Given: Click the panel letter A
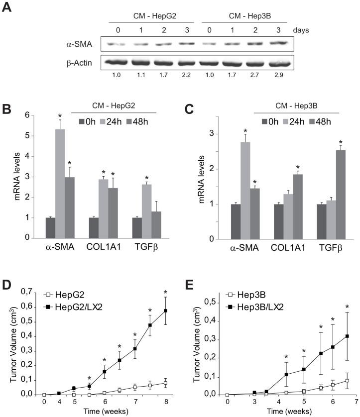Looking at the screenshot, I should click(x=6, y=8).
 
